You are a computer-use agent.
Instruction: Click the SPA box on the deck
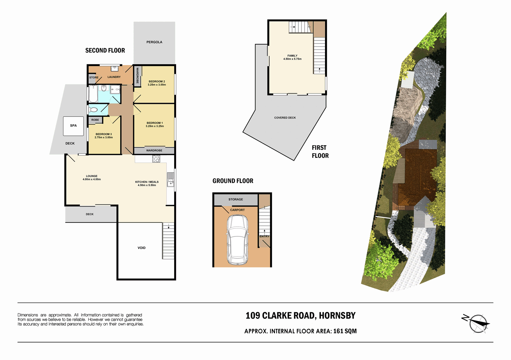point(73,126)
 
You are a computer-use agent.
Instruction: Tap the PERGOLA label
point(154,42)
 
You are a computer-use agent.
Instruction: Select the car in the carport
point(237,240)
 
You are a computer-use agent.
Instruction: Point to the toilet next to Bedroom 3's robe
point(93,110)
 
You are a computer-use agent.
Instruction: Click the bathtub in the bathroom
point(93,94)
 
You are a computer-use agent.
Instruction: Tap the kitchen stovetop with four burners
point(156,158)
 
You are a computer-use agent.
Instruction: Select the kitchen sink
point(170,179)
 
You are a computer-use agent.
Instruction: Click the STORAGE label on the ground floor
point(236,199)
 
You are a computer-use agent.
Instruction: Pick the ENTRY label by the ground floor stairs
point(264,236)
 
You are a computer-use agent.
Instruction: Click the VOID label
point(141,248)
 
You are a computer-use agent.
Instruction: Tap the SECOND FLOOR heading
point(105,50)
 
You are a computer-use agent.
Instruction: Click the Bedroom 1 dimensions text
point(155,126)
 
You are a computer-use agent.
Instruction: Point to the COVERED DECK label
point(285,118)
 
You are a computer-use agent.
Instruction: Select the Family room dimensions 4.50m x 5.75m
point(292,59)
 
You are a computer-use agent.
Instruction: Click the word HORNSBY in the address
point(337,316)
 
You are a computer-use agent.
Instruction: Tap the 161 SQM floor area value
point(345,331)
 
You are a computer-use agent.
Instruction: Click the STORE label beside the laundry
point(94,78)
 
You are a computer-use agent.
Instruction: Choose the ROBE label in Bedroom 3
point(95,120)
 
